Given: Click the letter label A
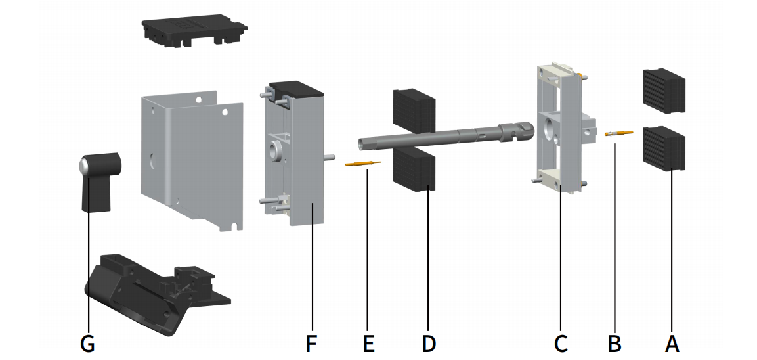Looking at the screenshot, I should click(671, 342).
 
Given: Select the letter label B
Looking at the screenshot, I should click(614, 342).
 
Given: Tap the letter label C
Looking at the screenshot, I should click(561, 342).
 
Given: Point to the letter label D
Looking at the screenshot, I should click(428, 342).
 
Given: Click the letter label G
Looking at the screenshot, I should click(87, 342).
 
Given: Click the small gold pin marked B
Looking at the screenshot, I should click(619, 133).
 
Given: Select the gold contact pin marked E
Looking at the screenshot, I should click(362, 165).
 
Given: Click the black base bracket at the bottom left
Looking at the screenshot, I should click(151, 289).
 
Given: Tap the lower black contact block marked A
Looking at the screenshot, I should click(663, 148).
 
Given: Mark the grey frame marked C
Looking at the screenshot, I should click(561, 128).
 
